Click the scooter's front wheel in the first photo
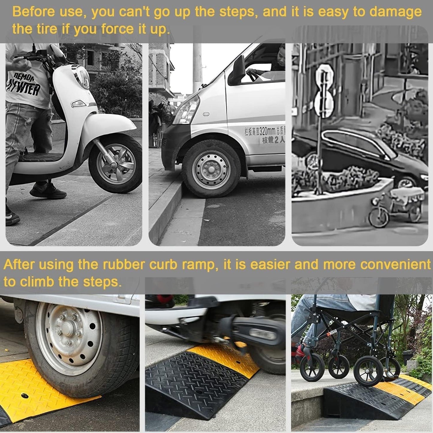point(116,164)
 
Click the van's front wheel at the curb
point(212,169)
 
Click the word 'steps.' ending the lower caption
point(102,282)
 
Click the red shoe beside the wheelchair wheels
point(300,354)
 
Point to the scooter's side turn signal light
point(79,104)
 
